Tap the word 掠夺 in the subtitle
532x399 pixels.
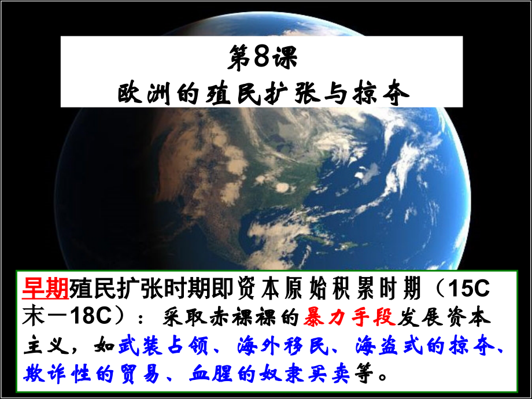point(387,91)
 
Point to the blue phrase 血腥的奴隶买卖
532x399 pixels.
point(269,374)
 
